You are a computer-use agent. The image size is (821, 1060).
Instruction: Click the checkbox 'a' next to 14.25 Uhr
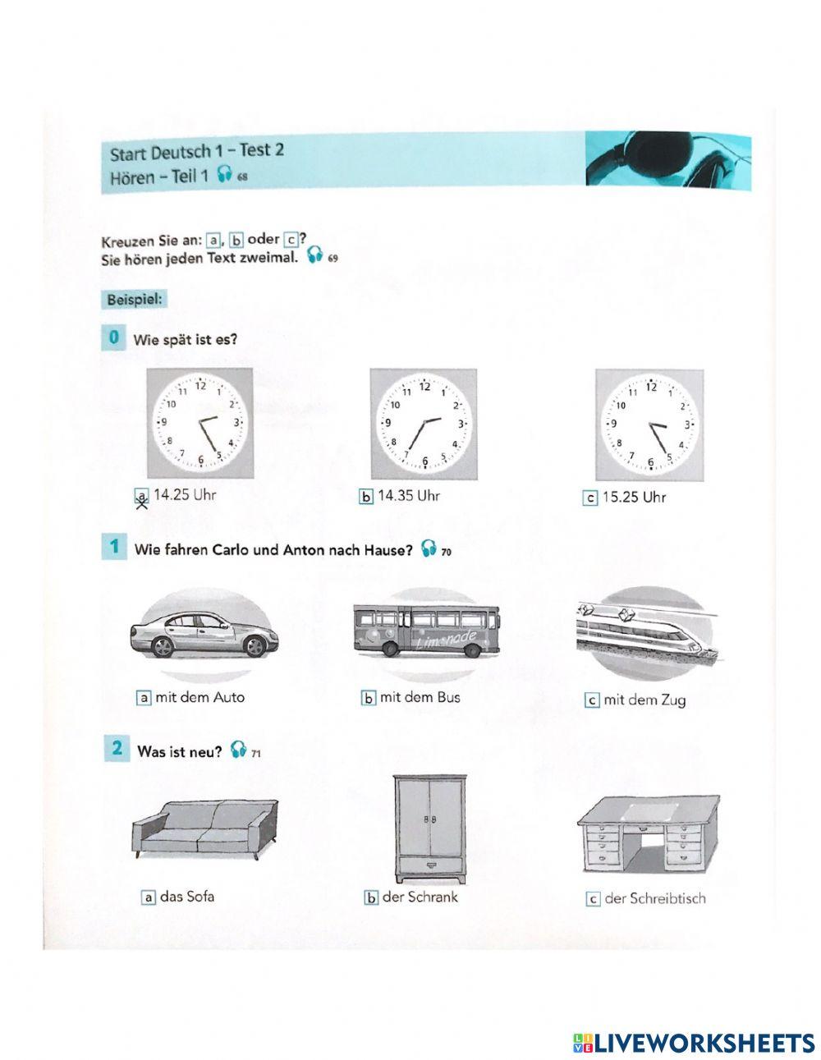pos(143,497)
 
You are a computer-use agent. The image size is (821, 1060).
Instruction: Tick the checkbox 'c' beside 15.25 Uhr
pos(590,498)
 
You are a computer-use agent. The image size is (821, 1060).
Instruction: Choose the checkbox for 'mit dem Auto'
pos(144,698)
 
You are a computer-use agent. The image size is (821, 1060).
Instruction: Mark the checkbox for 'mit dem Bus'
pos(369,698)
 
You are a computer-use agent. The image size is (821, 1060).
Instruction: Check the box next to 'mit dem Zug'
pos(591,700)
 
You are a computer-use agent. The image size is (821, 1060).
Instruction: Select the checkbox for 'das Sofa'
pos(149,897)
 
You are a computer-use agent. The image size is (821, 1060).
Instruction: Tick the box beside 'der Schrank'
pos(371,897)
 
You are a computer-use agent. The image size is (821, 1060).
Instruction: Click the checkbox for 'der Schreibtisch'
pos(594,899)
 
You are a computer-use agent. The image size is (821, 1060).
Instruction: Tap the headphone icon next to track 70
pos(428,549)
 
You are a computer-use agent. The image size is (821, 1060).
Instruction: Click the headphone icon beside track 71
pos(238,749)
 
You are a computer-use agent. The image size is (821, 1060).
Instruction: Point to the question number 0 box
pos(112,337)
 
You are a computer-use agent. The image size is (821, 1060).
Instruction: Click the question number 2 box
pos(117,749)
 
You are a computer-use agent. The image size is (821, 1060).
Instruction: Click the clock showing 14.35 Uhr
pos(423,423)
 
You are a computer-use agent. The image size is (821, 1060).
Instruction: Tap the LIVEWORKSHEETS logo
pos(694,1042)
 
